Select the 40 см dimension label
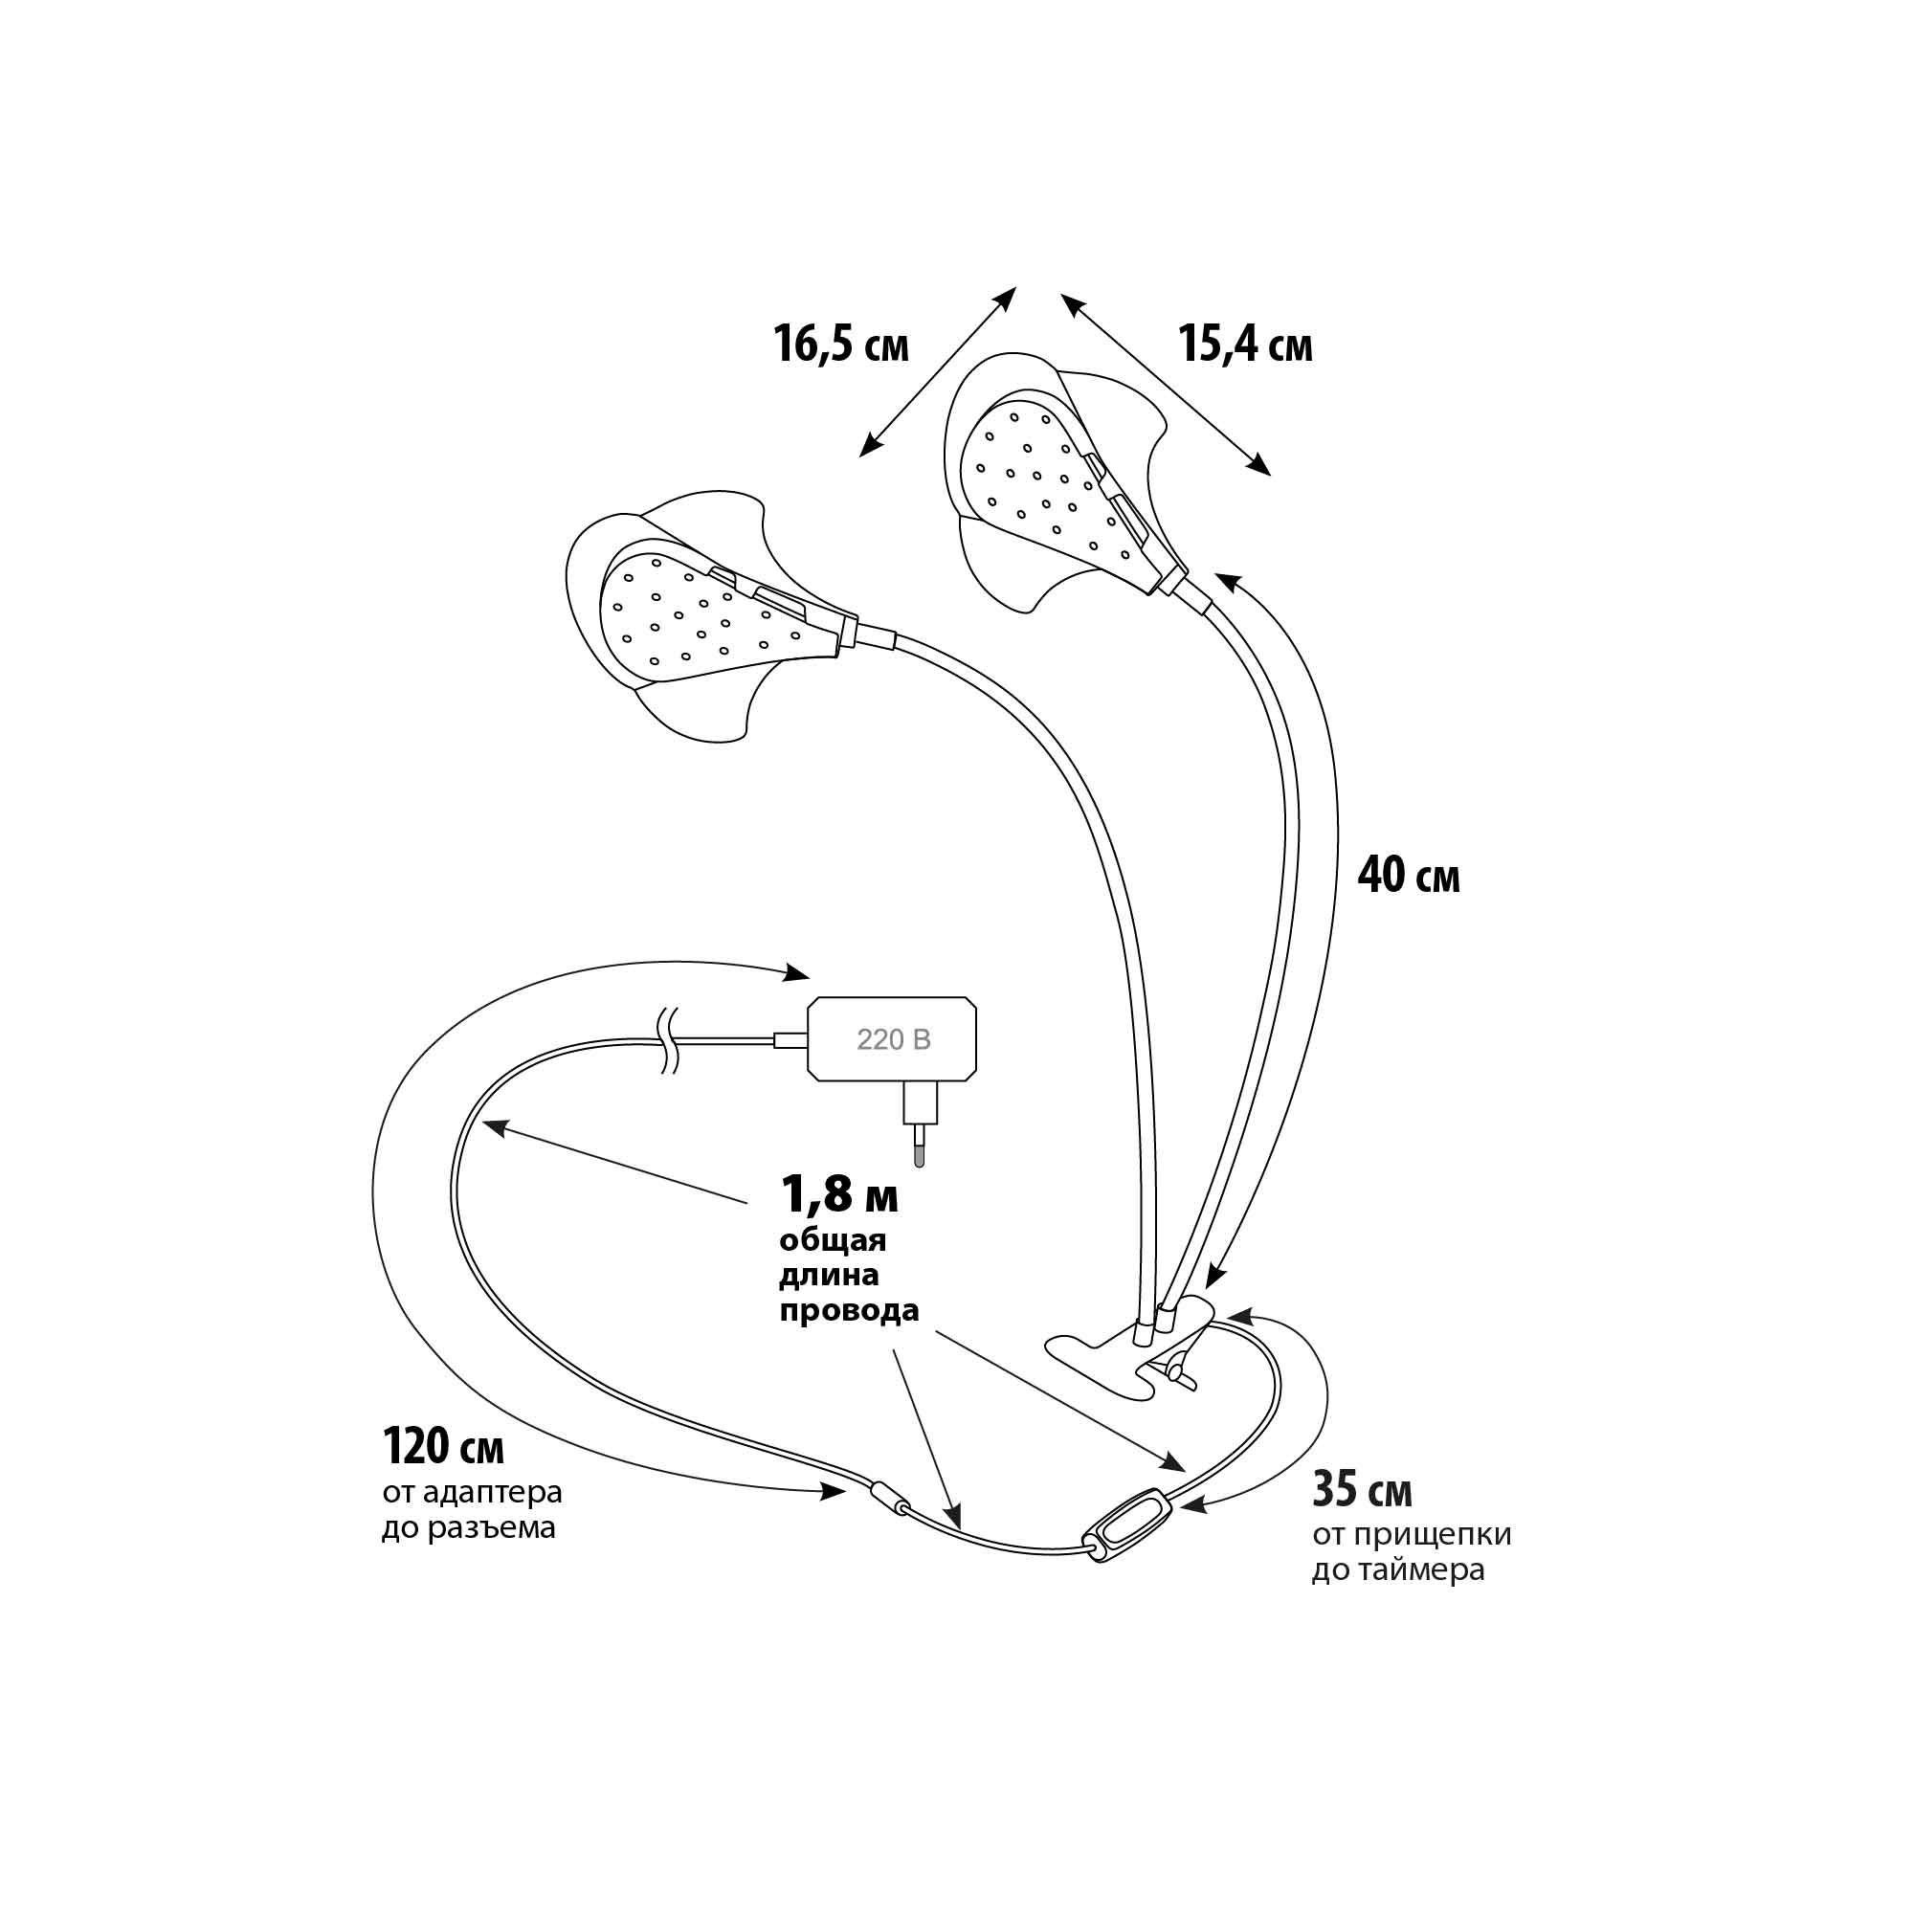coord(1408,876)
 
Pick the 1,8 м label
coord(839,1194)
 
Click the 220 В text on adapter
coord(894,1039)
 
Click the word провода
coord(849,1312)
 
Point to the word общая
coord(833,1240)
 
